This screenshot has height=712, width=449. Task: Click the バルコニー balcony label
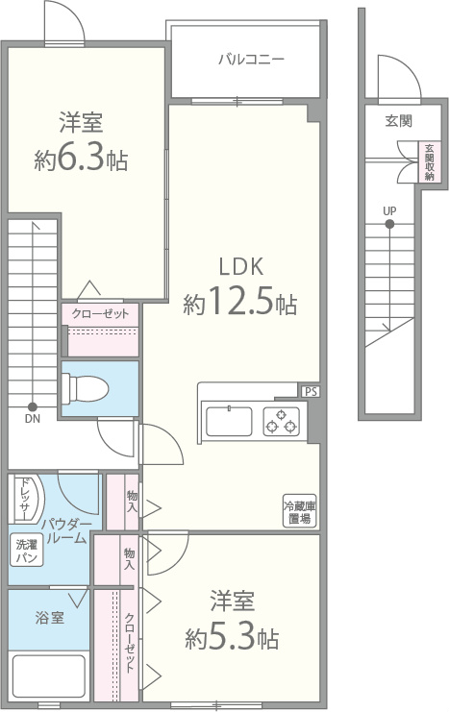pos(251,60)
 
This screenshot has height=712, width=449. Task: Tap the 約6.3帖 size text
pos(81,160)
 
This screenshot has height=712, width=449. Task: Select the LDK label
pos(241,266)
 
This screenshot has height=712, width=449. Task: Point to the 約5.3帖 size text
pos(232,638)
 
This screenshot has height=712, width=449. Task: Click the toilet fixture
pos(85,389)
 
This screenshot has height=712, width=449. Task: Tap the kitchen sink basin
pos(229,422)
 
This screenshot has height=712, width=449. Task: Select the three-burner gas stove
pos(282,422)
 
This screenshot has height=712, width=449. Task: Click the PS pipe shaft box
pos(311,392)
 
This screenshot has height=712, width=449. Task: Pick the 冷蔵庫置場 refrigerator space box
pos(300,511)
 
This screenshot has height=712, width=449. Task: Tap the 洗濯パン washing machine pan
pos(27,550)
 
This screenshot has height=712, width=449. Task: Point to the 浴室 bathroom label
pos(50,618)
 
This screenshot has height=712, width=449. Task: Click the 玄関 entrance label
pos(399,121)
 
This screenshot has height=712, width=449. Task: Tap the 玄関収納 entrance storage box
pos(430,162)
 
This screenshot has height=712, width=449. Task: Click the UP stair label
pos(389,211)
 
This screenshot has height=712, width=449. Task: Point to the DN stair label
pos(33,419)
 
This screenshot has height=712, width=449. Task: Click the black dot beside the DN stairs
pos(33,406)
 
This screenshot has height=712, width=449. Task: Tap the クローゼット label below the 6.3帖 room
pos(100,313)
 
